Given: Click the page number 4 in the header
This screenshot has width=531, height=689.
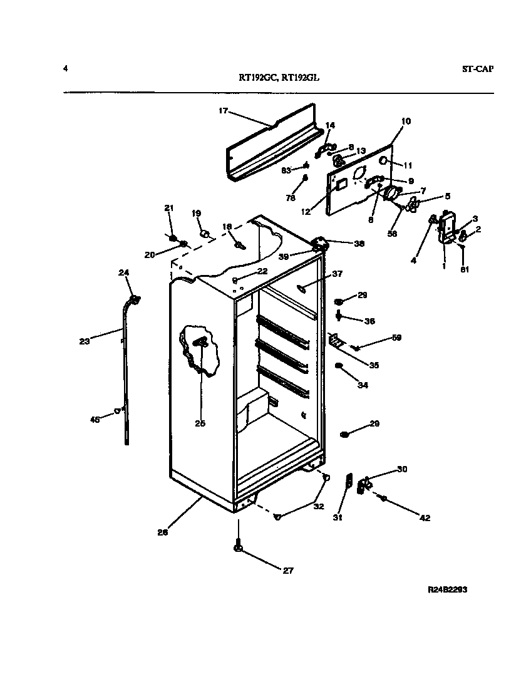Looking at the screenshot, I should pyautogui.click(x=65, y=68).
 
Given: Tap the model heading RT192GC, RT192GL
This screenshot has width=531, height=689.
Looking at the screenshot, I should pyautogui.click(x=282, y=78).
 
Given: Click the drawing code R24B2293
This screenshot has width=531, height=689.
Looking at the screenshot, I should pyautogui.click(x=448, y=590).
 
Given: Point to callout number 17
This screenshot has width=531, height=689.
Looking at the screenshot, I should pyautogui.click(x=223, y=111).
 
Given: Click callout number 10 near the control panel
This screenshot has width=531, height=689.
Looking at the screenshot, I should pyautogui.click(x=406, y=121).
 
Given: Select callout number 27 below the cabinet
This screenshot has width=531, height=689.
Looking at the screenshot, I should pyautogui.click(x=288, y=571).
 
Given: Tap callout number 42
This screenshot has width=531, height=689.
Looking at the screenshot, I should pyautogui.click(x=425, y=517).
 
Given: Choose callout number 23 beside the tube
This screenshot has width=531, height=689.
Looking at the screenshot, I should pyautogui.click(x=85, y=341).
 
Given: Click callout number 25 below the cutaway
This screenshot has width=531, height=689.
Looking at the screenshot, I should pyautogui.click(x=200, y=423).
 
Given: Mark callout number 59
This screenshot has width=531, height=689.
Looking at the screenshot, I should pyautogui.click(x=396, y=338).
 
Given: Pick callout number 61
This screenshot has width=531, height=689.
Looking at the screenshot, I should pyautogui.click(x=463, y=269).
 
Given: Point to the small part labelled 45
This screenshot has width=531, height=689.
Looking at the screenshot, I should pyautogui.click(x=116, y=411).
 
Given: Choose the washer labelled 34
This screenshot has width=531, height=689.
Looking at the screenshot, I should pyautogui.click(x=339, y=366).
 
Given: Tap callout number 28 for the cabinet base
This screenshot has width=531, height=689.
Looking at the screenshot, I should pyautogui.click(x=162, y=533).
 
